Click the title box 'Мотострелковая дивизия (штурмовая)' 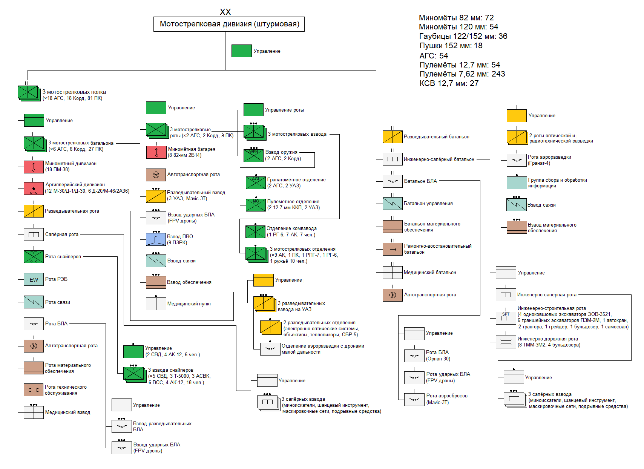pos(229,24)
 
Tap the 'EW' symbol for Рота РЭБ pos(34,279)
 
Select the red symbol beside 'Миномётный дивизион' pos(34,167)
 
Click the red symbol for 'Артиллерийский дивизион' pos(34,188)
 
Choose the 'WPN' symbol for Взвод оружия pos(253,155)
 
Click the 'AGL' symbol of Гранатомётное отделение pos(256,183)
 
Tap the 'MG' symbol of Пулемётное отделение pos(256,205)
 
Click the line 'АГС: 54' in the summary pos(434,55)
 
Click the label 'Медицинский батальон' pos(430,272)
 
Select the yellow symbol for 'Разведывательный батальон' pos(393,136)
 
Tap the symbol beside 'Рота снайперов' pos(34,257)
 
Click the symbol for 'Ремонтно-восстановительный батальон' pos(393,249)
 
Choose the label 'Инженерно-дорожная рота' pos(547,339)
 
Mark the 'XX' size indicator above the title pos(225,12)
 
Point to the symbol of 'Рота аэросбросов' pos(414,399)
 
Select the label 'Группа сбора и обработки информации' pos(557,183)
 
